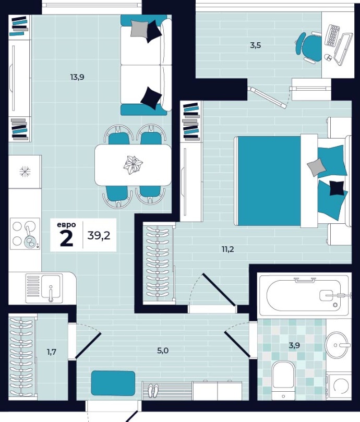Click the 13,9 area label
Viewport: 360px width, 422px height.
coord(77,78)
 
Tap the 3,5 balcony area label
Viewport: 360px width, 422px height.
coord(255,45)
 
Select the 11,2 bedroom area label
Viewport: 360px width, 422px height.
coord(228,249)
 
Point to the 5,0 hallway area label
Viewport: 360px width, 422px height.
coord(163,351)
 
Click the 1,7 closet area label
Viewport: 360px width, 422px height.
coord(52,352)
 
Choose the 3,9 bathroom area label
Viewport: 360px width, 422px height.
coord(294,345)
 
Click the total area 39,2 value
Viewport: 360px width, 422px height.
coord(99,235)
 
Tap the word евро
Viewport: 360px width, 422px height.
coord(66,225)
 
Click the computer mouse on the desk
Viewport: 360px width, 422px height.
coord(328,57)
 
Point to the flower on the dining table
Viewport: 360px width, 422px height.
coord(133,164)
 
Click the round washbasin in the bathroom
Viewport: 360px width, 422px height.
coord(338,345)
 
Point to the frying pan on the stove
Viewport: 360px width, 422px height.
coord(29,240)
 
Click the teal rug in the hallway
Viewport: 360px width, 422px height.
coord(113,383)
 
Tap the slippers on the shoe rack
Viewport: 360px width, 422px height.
coord(153,390)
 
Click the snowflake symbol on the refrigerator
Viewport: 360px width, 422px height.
coord(25,171)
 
